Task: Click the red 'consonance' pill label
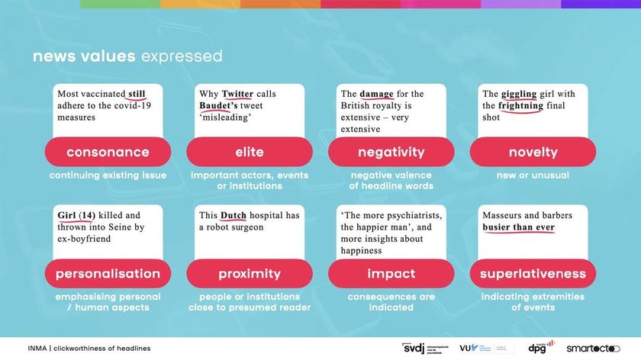click(x=108, y=152)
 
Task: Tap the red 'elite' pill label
click(x=250, y=152)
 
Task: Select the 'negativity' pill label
click(x=391, y=152)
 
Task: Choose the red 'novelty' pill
click(x=533, y=152)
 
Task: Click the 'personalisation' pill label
click(x=108, y=273)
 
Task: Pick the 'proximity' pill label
click(x=250, y=273)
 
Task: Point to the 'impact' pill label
click(x=391, y=273)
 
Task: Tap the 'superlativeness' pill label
click(x=533, y=273)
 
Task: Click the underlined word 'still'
click(x=137, y=94)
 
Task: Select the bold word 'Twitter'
click(x=237, y=94)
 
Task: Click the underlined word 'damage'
click(x=376, y=95)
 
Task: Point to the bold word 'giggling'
click(x=519, y=95)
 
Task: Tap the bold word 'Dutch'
click(x=234, y=215)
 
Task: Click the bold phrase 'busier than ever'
click(x=518, y=227)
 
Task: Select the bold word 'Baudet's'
click(x=218, y=106)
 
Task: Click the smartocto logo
click(x=593, y=349)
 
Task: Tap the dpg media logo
click(x=541, y=346)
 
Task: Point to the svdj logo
click(x=425, y=348)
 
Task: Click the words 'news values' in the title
click(x=84, y=56)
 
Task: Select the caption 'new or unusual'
click(x=533, y=175)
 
